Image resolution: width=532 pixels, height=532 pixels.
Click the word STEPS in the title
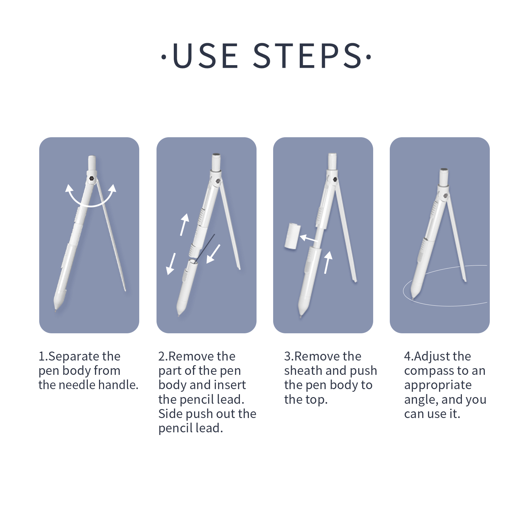point(307,55)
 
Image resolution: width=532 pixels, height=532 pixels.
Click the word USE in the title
point(205,56)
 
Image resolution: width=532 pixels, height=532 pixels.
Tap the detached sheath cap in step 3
point(292,236)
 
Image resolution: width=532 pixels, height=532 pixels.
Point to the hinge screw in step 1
point(92,179)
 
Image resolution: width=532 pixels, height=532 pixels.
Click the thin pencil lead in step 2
point(205,248)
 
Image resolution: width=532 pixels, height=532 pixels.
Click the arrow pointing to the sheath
point(309,238)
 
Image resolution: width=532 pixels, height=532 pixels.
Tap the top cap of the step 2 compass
point(216,161)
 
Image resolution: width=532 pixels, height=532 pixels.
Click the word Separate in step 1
point(74,357)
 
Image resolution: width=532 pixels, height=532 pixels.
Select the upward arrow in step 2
point(184,225)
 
